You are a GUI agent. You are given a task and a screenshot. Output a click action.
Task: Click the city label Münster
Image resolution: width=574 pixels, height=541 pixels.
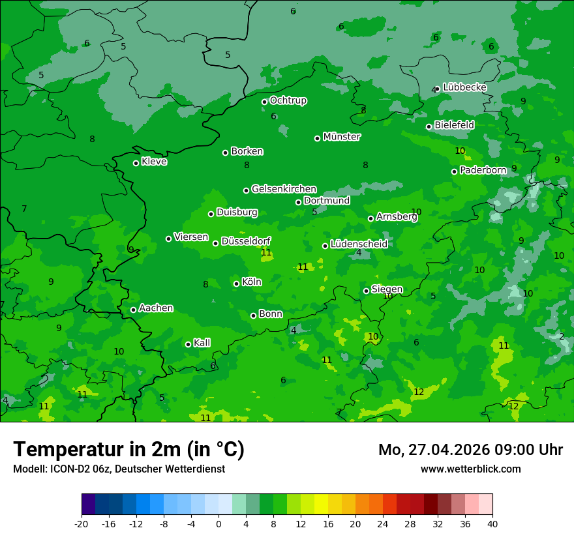pos(341,137)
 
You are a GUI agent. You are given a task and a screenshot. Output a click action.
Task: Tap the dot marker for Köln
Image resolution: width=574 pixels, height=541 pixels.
pos(236,284)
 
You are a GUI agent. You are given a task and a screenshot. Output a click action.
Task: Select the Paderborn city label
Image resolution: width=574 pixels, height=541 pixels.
pos(483,170)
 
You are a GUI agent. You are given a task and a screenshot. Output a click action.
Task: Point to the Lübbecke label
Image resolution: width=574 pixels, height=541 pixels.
pos(464,87)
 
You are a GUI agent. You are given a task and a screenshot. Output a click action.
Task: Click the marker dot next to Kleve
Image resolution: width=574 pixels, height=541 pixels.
pos(136,163)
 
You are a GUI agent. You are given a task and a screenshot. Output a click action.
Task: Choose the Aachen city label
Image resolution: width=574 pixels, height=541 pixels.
pos(156,308)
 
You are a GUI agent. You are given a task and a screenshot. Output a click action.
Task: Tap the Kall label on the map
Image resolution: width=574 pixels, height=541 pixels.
pos(202,343)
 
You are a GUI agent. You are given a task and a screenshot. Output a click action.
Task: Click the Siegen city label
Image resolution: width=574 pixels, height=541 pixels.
pos(387,289)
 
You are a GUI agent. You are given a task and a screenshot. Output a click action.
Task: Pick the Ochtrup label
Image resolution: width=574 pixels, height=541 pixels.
pos(288,100)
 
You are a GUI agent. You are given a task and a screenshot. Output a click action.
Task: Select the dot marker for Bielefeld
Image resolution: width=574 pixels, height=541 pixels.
pos(429,126)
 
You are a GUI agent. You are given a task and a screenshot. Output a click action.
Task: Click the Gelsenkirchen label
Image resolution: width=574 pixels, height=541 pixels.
pos(284,189)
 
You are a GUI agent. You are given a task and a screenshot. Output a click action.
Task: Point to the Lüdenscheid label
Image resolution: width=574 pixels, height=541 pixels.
pos(359,244)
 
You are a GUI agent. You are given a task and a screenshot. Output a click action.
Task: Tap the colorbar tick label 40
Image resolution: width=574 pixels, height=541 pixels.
pos(492,524)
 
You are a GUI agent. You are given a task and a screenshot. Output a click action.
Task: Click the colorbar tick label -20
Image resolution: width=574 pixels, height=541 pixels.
pos(81,524)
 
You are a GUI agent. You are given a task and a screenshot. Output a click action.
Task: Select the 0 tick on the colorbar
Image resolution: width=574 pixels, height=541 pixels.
pos(219,524)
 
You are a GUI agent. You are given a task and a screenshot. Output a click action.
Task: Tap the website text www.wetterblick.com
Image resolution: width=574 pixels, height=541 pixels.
pos(470,469)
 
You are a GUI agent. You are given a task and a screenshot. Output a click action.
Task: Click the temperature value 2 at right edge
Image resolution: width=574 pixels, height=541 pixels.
pos(561,336)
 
